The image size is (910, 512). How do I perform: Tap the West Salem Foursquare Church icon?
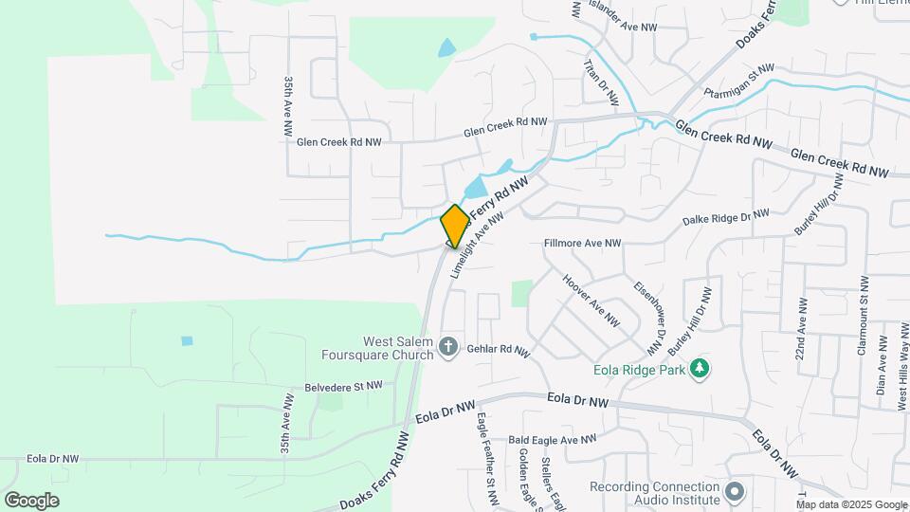[x=448, y=348]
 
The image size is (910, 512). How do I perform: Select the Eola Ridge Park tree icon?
[x=700, y=368]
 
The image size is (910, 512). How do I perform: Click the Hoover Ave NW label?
[x=591, y=302]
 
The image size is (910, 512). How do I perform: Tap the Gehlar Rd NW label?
[x=497, y=350]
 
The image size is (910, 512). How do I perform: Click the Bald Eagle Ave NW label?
[x=554, y=440]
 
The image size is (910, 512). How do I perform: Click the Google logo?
[x=31, y=500]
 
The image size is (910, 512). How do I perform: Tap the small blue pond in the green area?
[x=187, y=340]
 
